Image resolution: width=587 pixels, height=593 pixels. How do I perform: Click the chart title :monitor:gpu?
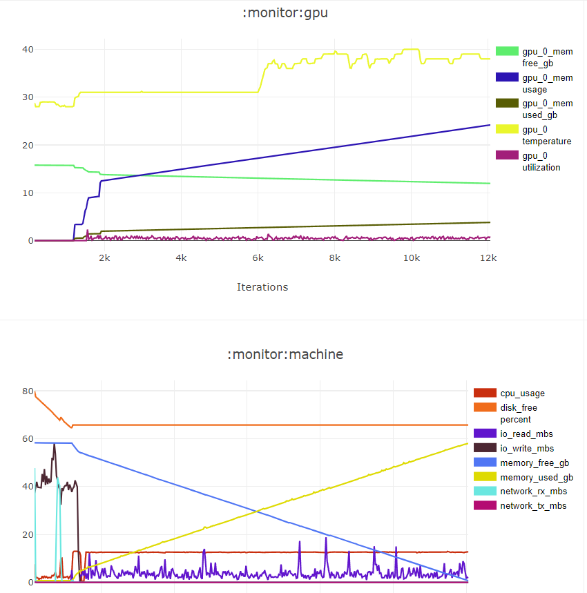[x=285, y=12]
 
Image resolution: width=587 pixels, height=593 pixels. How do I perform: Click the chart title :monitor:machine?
[x=285, y=354]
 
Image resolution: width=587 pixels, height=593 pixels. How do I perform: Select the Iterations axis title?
[x=262, y=286]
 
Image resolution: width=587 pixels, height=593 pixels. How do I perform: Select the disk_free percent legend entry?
[x=518, y=413]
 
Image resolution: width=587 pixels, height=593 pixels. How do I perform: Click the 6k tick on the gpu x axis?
[x=258, y=257]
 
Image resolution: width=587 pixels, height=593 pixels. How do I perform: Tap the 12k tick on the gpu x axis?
[x=488, y=257]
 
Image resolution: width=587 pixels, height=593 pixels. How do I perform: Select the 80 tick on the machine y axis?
[x=28, y=391]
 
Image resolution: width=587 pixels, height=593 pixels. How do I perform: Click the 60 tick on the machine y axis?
[x=28, y=439]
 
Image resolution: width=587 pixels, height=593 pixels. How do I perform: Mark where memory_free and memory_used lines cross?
[x=257, y=511]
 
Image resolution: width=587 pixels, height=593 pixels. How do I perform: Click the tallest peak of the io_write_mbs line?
[x=55, y=445]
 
